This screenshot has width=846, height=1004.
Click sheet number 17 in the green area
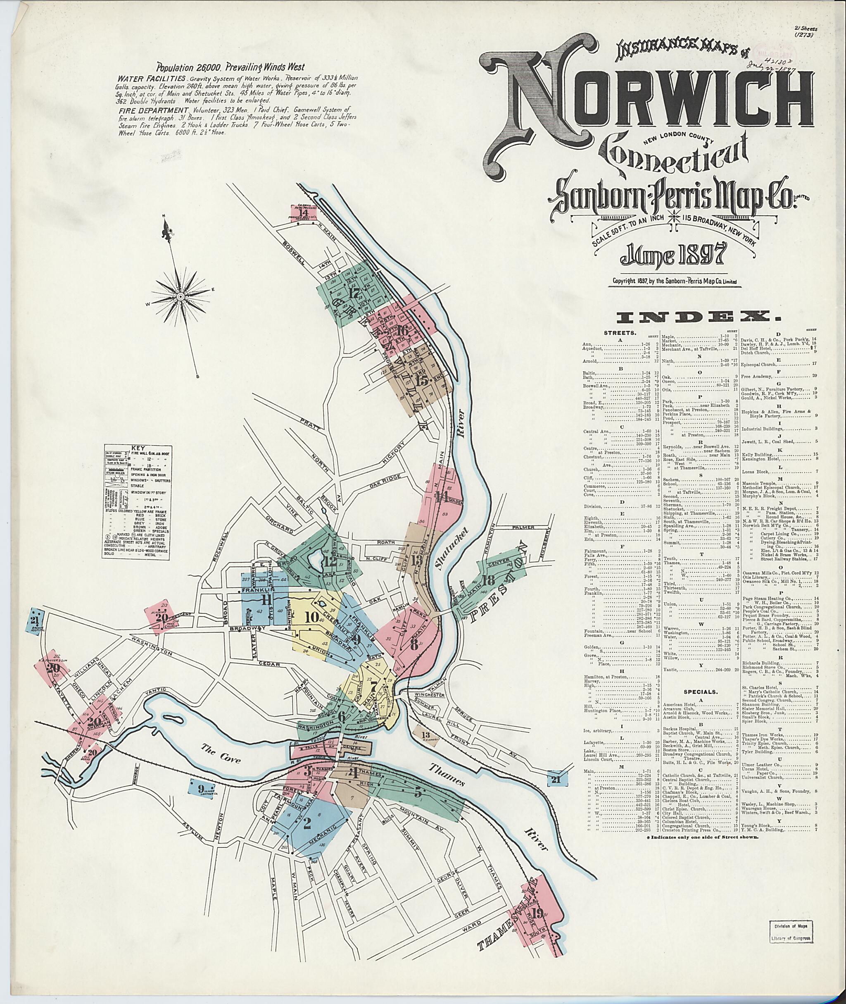point(355,293)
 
